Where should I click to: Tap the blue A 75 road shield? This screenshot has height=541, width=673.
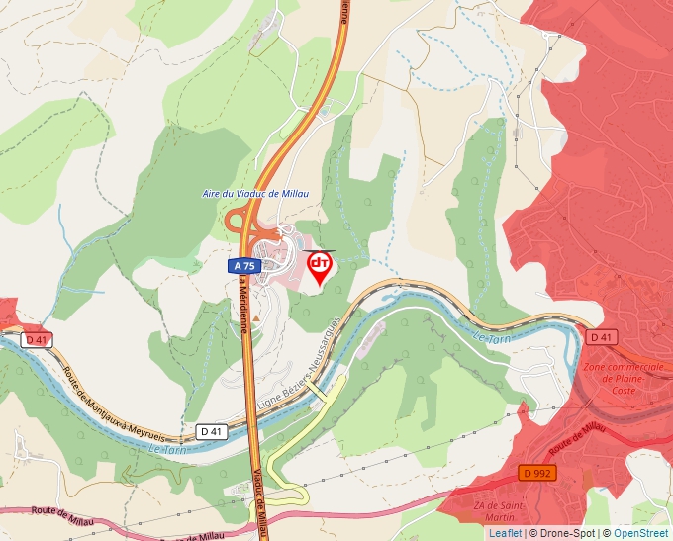coord(243,267)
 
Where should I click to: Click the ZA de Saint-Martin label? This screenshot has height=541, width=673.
coord(492,511)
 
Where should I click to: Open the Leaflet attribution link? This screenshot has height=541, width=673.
coord(505,533)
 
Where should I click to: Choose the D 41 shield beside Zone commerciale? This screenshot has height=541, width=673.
coord(601,337)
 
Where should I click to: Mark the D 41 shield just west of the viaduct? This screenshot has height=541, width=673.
coord(211,431)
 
